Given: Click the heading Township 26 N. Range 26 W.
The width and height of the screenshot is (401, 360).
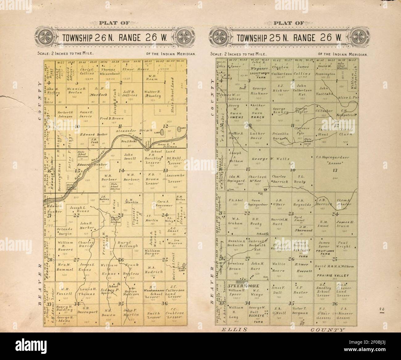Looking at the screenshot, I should coord(114,38).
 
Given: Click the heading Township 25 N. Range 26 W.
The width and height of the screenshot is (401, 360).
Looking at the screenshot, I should coord(289,38).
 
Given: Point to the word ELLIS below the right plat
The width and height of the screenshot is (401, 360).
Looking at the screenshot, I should coord(235,330).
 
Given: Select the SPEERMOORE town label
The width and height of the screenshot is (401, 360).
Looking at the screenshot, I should coord(243,286).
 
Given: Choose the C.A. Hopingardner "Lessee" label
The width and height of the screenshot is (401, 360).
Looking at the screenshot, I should coord(332,160).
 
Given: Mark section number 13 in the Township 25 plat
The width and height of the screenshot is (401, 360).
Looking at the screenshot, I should coord(335,170).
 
